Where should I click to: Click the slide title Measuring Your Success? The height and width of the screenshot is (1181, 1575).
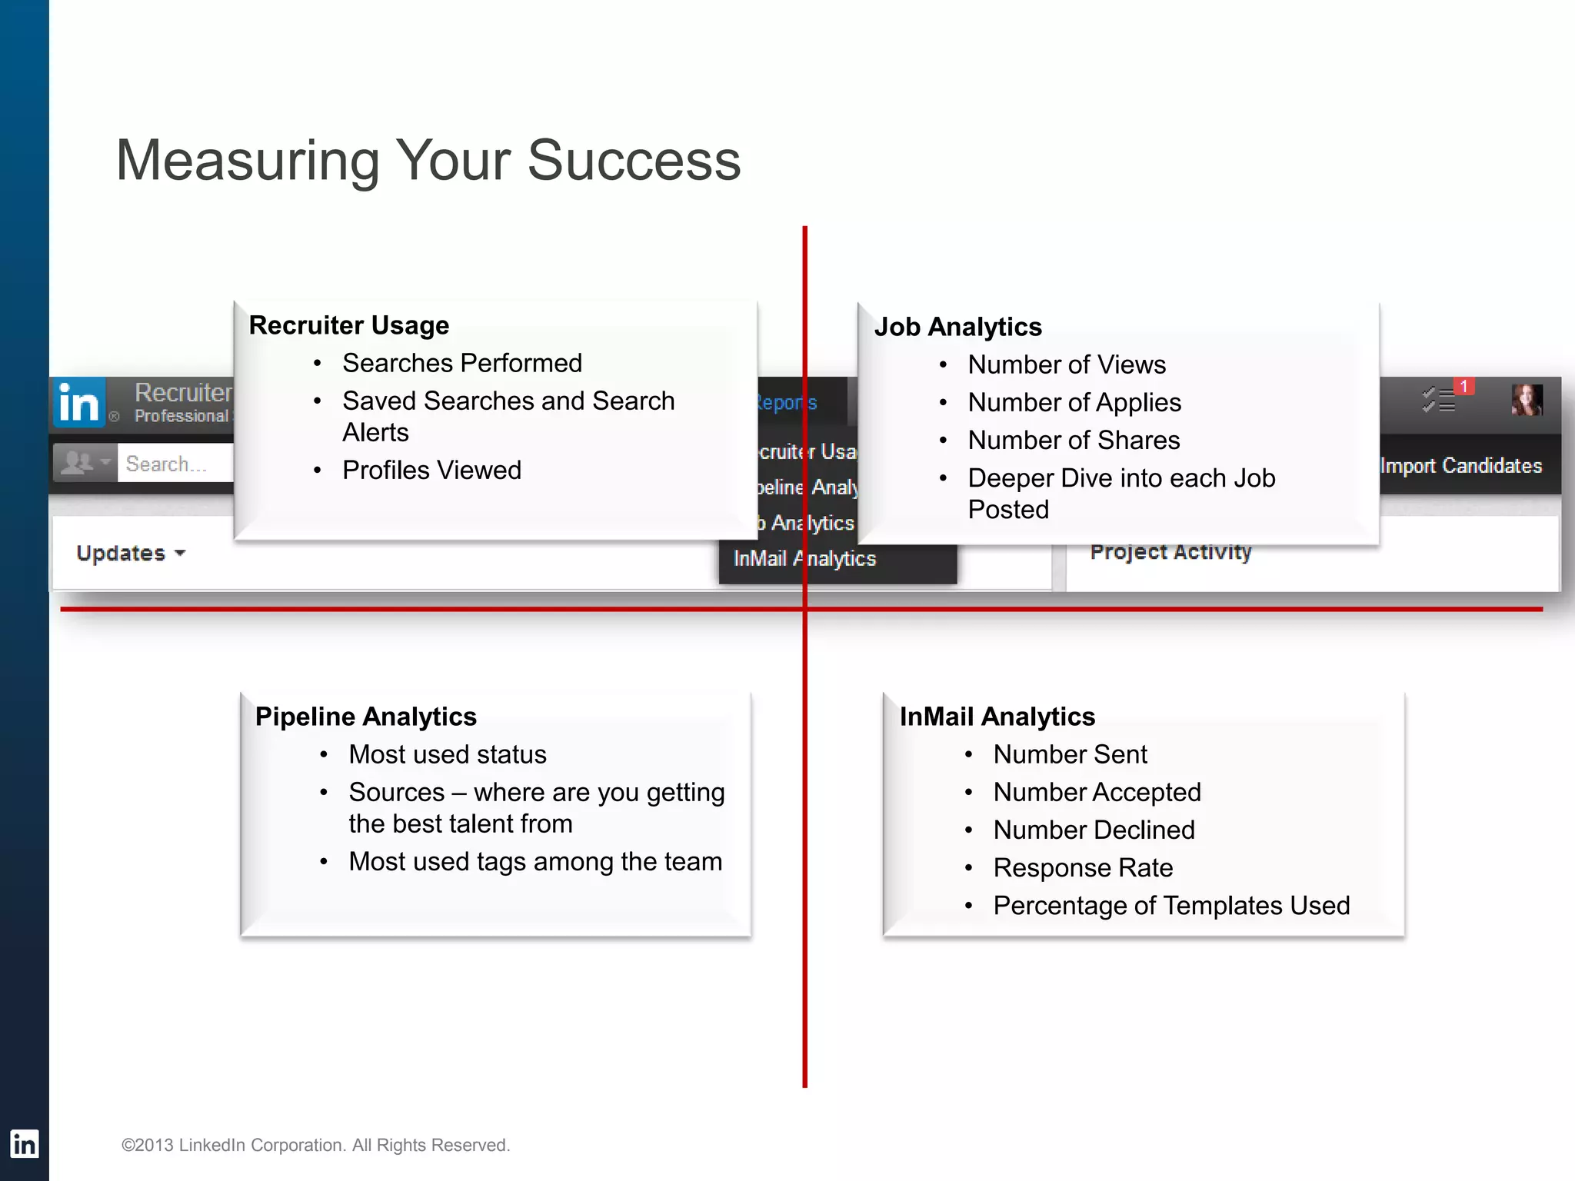coord(428,160)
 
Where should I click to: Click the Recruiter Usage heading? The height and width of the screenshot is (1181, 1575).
coord(348,325)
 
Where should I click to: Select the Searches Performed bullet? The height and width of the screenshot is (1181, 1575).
coord(461,363)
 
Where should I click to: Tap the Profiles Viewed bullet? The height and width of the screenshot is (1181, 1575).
coord(431,470)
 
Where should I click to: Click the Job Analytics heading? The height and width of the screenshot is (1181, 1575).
coord(957,327)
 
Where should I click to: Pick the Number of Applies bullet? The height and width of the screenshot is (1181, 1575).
coord(1074,402)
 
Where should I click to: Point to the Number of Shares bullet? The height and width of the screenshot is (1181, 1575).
coord(1073,440)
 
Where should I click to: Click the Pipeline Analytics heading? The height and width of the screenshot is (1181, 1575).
coord(365,717)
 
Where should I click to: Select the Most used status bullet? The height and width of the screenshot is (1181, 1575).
coord(447,754)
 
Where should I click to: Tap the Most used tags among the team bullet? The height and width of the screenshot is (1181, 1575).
coord(534,861)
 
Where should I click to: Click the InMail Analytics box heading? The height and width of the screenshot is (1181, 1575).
coord(997,717)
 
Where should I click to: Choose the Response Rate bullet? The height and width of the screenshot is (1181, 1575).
coord(1082,867)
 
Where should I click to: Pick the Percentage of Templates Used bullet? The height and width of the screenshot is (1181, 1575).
coord(1170,905)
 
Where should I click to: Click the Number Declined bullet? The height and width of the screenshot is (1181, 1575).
coord(1093,830)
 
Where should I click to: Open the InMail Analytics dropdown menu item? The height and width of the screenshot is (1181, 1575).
coord(804,559)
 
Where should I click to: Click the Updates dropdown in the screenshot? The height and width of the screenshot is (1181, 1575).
coord(130,554)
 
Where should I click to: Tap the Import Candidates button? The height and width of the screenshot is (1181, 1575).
coord(1460,466)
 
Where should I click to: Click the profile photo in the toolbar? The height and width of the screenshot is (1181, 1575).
coord(1527,400)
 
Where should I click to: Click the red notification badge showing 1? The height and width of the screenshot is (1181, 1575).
coord(1463,387)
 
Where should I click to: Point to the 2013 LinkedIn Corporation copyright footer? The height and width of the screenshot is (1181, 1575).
coord(315,1145)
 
